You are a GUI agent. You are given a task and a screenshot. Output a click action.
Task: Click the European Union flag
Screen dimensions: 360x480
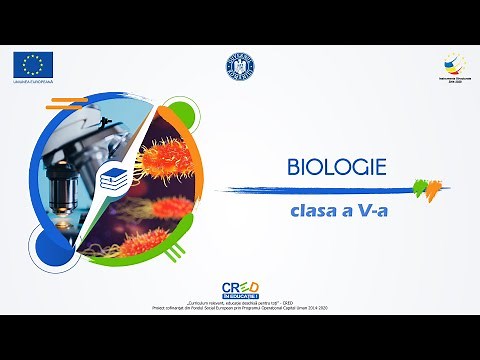[x=34, y=65]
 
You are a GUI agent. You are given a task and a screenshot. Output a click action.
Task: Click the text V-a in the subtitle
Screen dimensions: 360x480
[x=371, y=212]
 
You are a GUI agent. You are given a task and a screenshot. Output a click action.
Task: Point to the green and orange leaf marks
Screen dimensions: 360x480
[x=425, y=186]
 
